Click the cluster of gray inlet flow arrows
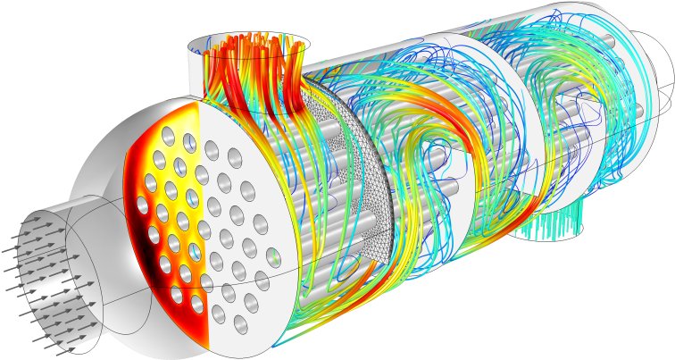pyautogui.click(x=45, y=277)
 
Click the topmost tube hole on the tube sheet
pyautogui.click(x=168, y=136)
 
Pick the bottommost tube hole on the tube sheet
pyautogui.click(x=240, y=324)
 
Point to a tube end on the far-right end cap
pyautogui.click(x=635, y=112)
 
